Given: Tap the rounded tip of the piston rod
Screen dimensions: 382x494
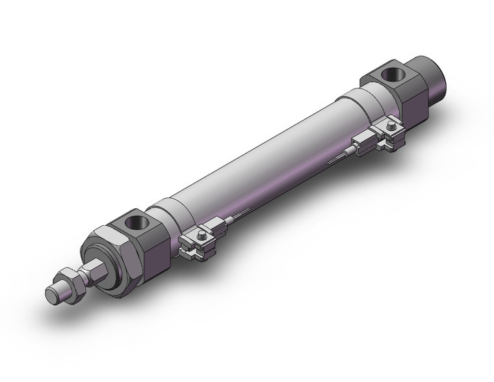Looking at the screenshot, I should click(52, 295).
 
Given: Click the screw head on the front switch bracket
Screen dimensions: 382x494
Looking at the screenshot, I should click(203, 232).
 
